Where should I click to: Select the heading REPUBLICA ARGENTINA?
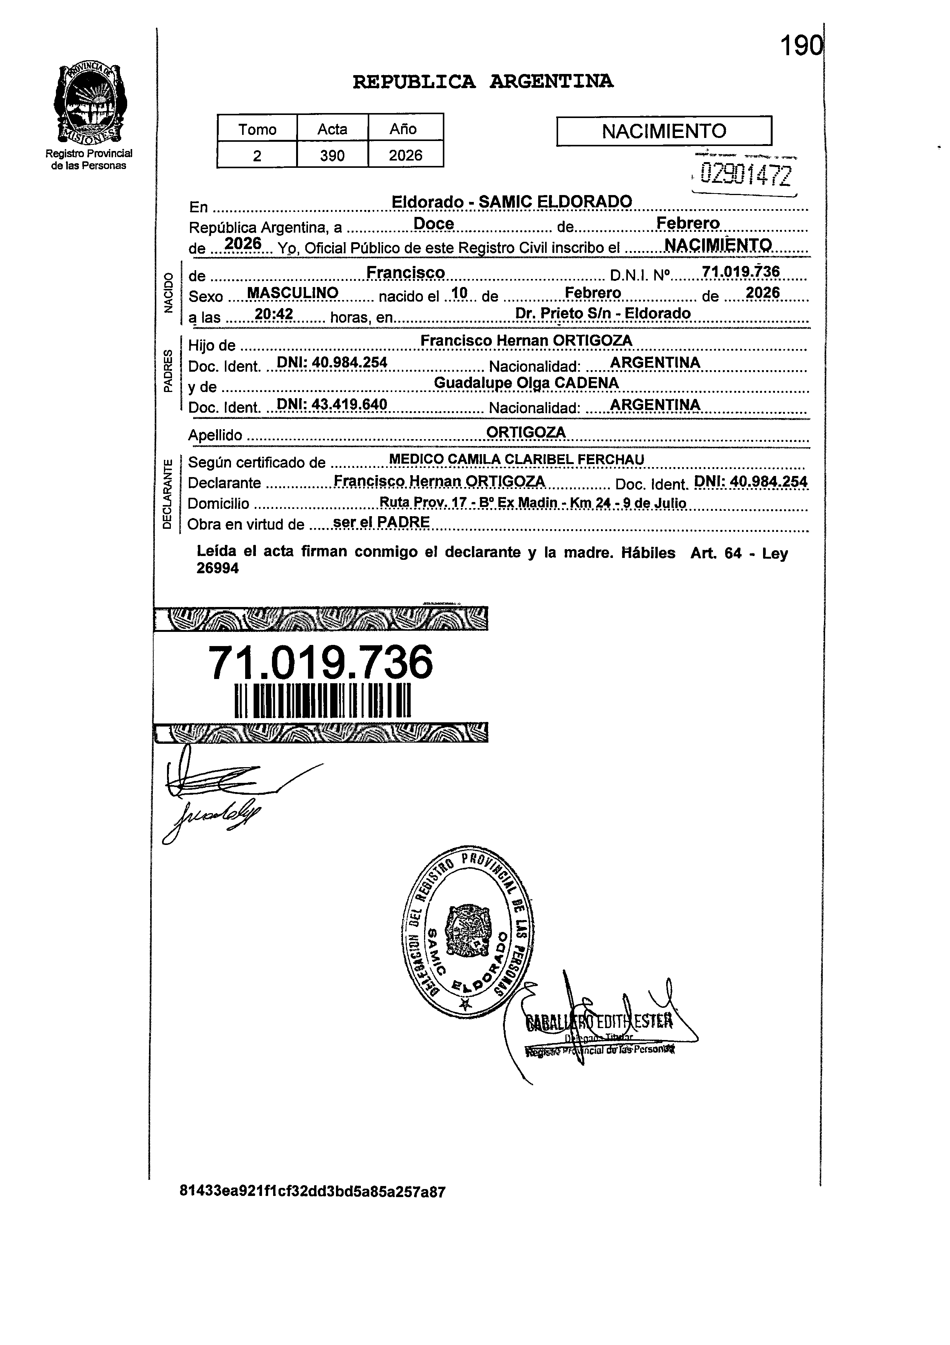click(x=483, y=82)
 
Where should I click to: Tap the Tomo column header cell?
click(x=257, y=129)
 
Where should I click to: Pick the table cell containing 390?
click(x=332, y=155)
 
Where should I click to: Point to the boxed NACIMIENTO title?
click(x=663, y=131)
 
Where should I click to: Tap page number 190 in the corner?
click(x=801, y=46)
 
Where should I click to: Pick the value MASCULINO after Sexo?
click(x=293, y=292)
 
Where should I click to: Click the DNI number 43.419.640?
click(x=331, y=405)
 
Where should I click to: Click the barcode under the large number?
click(x=323, y=700)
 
